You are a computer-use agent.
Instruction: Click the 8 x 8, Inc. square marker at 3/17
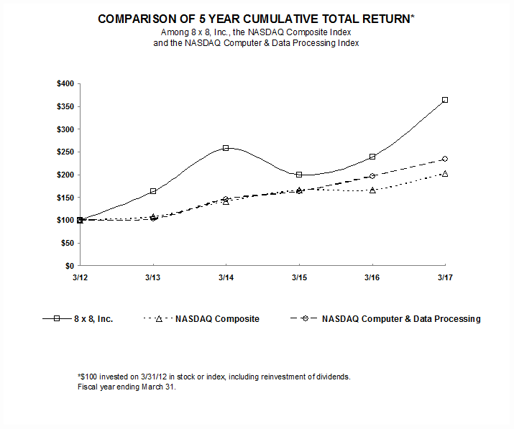[445, 100]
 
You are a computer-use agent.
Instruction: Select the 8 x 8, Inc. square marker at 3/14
[226, 148]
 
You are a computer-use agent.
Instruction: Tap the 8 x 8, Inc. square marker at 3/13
[152, 191]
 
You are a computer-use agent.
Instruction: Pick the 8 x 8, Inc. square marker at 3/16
[372, 157]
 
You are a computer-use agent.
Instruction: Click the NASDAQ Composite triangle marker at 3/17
[445, 174]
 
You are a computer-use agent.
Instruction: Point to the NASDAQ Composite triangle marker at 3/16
[372, 190]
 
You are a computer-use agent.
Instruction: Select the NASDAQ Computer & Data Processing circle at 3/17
[445, 159]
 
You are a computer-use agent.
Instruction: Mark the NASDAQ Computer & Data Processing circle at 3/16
[372, 176]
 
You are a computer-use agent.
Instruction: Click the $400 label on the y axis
[65, 84]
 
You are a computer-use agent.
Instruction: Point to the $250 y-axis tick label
[65, 152]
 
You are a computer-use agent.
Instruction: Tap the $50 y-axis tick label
[67, 244]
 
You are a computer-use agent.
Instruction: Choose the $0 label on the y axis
[69, 267]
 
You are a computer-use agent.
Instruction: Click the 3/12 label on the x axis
[79, 277]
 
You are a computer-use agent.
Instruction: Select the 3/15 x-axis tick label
[299, 277]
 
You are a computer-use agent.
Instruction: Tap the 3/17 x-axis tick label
[445, 277]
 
